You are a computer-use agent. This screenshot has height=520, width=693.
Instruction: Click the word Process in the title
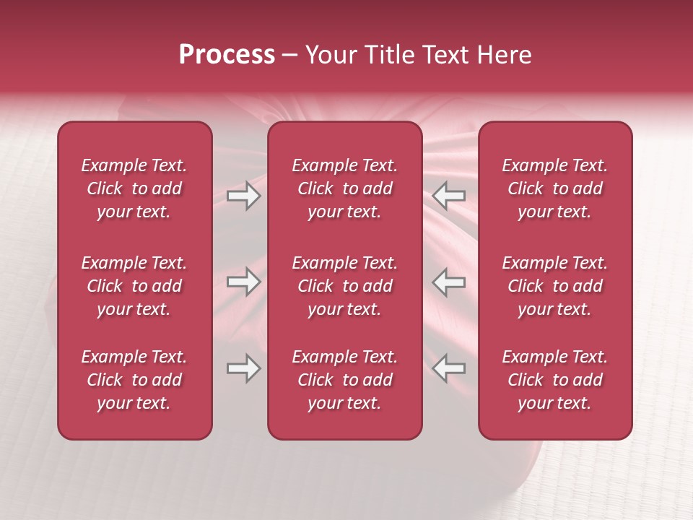[227, 55]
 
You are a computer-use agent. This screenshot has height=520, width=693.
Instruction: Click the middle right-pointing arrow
[243, 282]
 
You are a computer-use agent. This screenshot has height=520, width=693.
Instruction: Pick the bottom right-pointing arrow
[243, 368]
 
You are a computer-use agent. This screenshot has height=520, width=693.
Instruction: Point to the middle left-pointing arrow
[449, 282]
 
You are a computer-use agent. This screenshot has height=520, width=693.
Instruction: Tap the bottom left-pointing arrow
[449, 368]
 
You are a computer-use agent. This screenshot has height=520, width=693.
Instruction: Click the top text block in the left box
[134, 188]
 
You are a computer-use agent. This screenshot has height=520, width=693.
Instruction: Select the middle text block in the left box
[134, 286]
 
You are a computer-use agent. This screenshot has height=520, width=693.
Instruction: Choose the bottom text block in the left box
[134, 380]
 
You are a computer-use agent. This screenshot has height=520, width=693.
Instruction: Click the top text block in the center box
[345, 188]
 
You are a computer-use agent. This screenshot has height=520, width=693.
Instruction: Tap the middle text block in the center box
[345, 286]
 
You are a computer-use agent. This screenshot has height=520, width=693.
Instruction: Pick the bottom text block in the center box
[345, 380]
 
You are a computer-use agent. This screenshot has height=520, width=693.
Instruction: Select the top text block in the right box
[555, 188]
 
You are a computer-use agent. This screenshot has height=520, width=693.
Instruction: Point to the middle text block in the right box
[555, 286]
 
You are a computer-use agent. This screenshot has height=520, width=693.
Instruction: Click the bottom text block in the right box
[555, 380]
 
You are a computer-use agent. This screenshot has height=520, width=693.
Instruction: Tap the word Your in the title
[330, 55]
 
